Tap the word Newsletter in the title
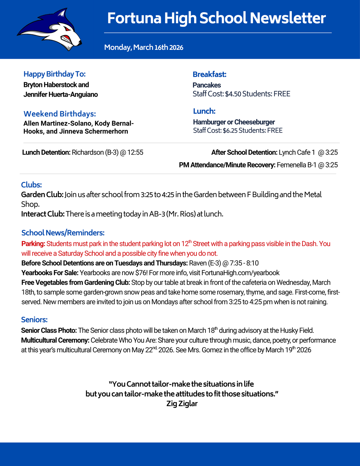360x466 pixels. pos(288,18)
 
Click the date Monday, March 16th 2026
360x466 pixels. pos(143,47)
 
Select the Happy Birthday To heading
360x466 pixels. pos(55,74)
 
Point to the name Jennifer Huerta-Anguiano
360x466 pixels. pos(61,95)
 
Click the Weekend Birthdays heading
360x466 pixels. pos(60,114)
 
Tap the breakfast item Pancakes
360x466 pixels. pos(207,85)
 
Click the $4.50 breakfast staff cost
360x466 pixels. pos(233,94)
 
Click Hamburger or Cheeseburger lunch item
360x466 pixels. pos(234,122)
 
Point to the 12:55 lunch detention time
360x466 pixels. pos(135,152)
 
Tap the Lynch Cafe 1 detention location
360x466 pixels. pos(297,152)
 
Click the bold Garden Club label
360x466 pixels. pos(42,195)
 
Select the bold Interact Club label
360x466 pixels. pos(43,214)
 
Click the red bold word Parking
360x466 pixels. pos(33,244)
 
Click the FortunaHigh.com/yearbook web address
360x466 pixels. pos(240,273)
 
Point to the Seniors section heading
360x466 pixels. pos(34,320)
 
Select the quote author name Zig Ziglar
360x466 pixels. pos(182,404)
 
